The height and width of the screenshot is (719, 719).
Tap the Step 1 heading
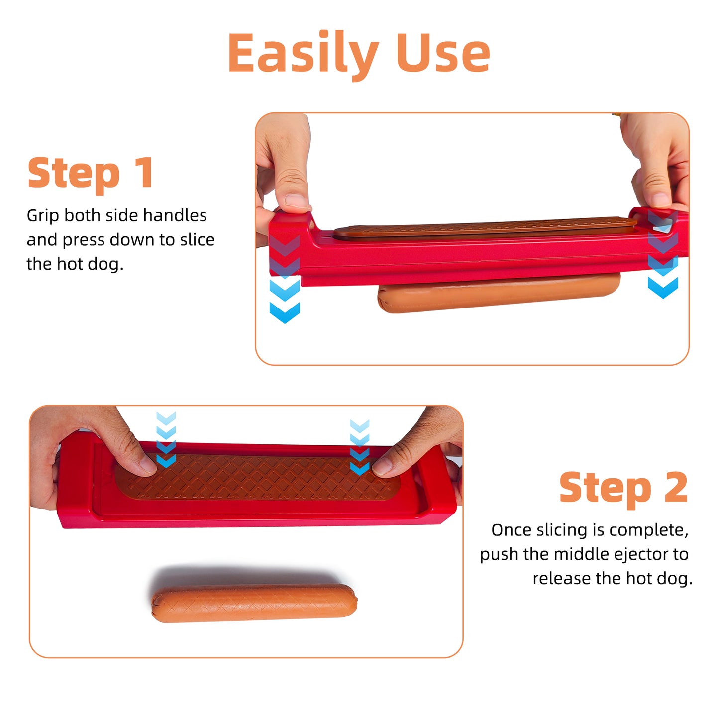(91, 173)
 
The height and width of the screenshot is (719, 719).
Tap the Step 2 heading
(623, 488)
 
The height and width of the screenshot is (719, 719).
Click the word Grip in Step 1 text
(43, 216)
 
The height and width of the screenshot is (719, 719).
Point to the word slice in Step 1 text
(197, 240)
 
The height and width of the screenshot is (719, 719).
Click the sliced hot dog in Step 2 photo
(254, 604)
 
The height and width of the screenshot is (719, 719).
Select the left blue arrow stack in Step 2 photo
(166, 440)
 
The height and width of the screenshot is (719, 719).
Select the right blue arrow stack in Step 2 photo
(359, 447)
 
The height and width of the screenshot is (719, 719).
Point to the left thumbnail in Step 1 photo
(297, 200)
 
